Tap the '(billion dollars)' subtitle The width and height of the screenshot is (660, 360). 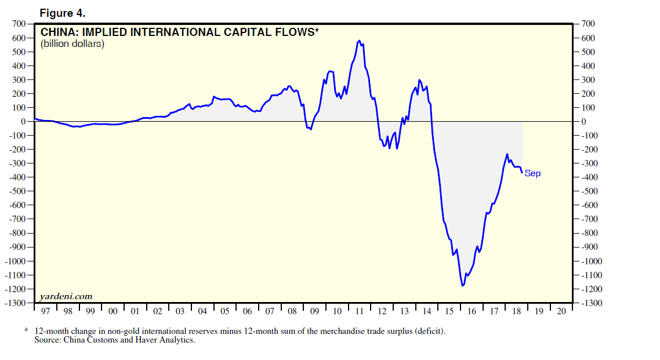click(x=72, y=44)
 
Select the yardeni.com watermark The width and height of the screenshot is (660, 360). click(x=66, y=296)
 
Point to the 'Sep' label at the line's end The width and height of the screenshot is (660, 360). click(x=532, y=173)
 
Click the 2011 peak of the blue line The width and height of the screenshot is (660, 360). click(x=360, y=41)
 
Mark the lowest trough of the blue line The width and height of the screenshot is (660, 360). click(x=462, y=285)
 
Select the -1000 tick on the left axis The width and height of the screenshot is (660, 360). click(x=14, y=261)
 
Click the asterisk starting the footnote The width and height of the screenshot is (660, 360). click(x=26, y=331)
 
